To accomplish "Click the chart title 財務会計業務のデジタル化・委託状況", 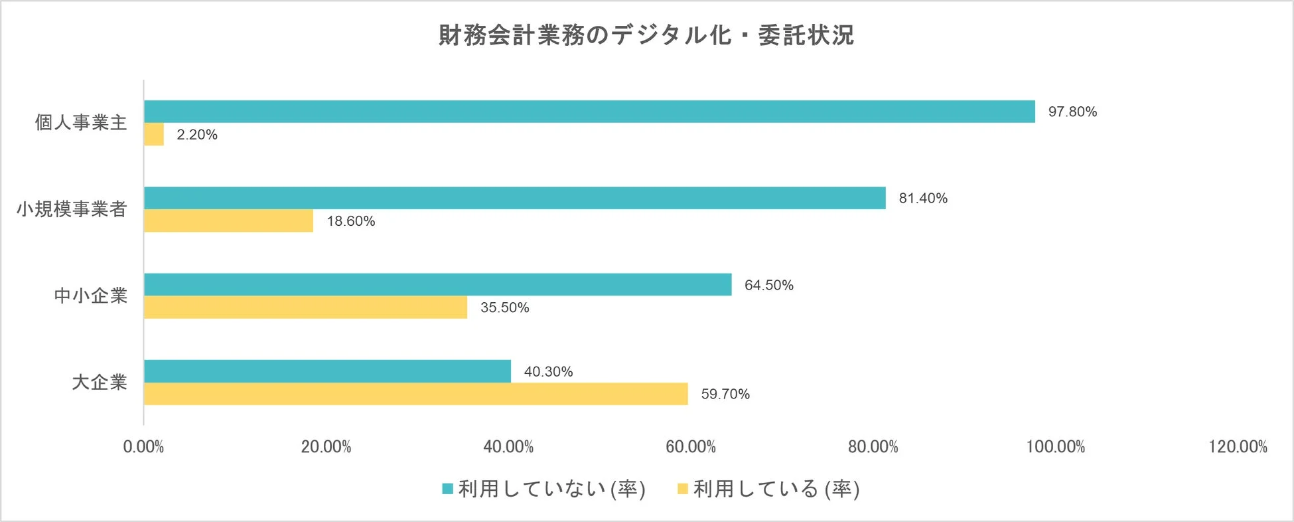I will (646, 35).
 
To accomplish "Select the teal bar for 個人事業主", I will (589, 112).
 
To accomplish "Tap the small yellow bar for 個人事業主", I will (154, 134).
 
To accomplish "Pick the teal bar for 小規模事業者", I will (514, 198).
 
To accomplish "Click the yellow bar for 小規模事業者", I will (228, 221).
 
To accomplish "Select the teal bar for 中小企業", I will (437, 284).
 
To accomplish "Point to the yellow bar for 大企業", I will (415, 394).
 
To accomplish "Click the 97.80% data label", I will (1072, 112).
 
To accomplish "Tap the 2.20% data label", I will (197, 134).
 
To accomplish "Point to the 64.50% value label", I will (768, 285).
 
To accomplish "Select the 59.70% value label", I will (725, 394).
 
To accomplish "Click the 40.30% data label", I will (548, 371).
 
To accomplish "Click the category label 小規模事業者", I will (72, 209).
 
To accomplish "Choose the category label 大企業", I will (100, 383).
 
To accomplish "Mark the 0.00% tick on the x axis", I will (143, 447).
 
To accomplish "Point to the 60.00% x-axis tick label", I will (691, 447).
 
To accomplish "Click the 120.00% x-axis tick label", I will (1238, 447).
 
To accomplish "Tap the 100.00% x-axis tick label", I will (1055, 447).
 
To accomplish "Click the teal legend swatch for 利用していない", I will (448, 489).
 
